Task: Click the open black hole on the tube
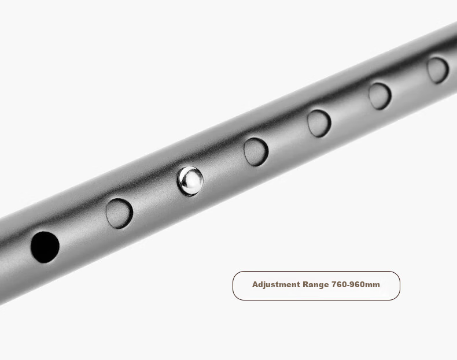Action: (45, 247)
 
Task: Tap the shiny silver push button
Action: (190, 181)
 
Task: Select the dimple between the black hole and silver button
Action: (120, 213)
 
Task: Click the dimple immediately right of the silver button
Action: (256, 151)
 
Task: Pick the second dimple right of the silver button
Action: (319, 124)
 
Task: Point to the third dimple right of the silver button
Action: (379, 97)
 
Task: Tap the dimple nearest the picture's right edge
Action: (438, 70)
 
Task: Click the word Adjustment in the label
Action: (276, 285)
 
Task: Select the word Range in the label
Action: (316, 285)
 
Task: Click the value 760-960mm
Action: (356, 284)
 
